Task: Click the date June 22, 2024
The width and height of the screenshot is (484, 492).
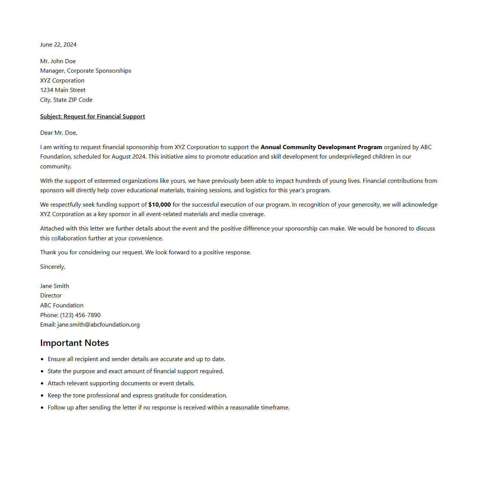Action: [x=58, y=45]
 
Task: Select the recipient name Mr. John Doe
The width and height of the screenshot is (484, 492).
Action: [x=58, y=61]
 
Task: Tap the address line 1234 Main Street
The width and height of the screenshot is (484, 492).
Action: [x=63, y=90]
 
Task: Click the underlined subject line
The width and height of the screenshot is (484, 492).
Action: [x=92, y=117]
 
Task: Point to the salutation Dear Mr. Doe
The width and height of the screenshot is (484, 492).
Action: [x=59, y=133]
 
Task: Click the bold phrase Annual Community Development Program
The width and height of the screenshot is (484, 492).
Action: [x=321, y=147]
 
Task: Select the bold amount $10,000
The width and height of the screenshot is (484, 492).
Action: [x=159, y=205]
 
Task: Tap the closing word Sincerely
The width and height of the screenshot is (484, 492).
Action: [x=53, y=267]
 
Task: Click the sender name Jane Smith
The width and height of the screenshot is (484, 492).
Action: [x=55, y=286]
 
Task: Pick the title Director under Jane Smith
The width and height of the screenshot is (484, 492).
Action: [x=51, y=296]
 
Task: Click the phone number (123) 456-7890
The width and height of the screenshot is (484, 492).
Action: [x=80, y=315]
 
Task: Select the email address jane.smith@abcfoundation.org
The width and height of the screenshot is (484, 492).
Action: [x=98, y=325]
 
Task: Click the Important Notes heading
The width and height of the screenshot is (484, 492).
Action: [x=75, y=343]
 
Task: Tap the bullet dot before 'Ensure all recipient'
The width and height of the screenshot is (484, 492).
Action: [x=42, y=359]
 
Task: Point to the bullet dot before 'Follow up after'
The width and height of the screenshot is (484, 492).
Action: [x=42, y=408]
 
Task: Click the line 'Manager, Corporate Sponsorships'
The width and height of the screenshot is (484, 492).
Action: [x=86, y=71]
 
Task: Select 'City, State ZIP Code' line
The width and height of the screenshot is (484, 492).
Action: [x=66, y=100]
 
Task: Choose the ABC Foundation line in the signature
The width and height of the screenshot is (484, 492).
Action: [x=62, y=305]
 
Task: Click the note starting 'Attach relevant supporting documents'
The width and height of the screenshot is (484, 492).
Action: [x=121, y=383]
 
